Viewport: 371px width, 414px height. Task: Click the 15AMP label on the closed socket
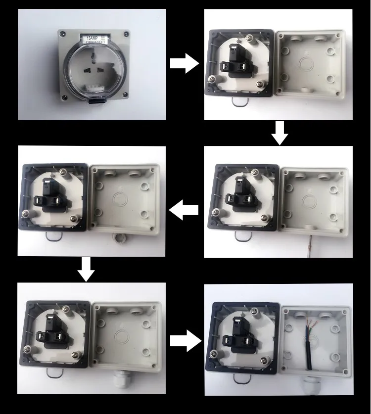click(x=92, y=38)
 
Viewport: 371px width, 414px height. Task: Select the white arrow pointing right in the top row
click(x=184, y=64)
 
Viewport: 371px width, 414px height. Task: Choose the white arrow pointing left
click(x=184, y=211)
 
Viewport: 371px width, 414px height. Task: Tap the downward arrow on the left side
click(x=87, y=269)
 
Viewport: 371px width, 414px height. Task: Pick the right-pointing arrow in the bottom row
click(x=185, y=341)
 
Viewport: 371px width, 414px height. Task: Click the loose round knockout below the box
click(x=118, y=238)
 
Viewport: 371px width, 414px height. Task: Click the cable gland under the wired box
click(x=312, y=386)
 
